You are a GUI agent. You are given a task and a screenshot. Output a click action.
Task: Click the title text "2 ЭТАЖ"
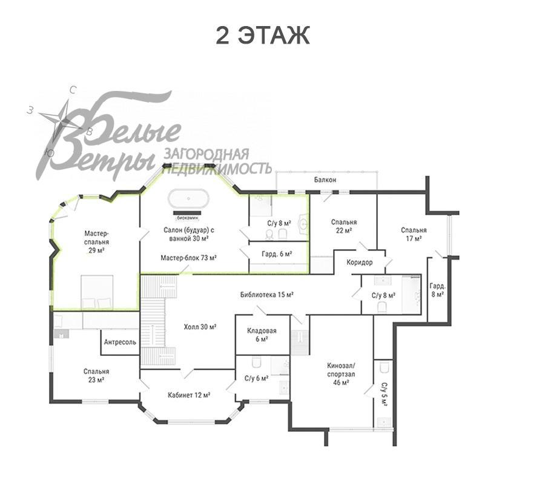coord(262,35)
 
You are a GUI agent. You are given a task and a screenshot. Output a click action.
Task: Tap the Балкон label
coord(325,180)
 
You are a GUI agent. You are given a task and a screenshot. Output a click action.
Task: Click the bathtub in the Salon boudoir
coord(189,199)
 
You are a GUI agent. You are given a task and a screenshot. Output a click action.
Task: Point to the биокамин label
coord(187,218)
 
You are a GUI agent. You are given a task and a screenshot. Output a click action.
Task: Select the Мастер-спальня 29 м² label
coord(97,242)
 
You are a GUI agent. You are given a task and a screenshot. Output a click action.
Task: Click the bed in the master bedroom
coord(97,292)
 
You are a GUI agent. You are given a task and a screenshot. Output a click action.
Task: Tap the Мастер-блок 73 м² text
coord(189,258)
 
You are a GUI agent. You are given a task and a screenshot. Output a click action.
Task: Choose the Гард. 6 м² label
coord(277,254)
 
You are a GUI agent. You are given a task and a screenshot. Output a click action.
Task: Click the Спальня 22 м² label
coord(343,226)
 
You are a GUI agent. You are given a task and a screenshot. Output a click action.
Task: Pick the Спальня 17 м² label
coord(414,234)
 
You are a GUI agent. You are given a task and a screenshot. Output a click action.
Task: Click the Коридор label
coord(359,263)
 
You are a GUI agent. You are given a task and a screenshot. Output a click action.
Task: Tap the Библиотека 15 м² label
coord(267,295)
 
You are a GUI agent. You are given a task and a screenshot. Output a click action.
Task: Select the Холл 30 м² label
coord(200,327)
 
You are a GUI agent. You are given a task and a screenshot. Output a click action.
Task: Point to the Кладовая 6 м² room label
coord(262,335)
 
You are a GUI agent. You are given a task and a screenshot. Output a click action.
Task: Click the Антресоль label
coord(120,342)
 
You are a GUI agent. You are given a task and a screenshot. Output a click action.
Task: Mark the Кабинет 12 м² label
coord(189,395)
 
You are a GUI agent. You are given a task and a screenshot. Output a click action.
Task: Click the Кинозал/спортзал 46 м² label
coord(341,375)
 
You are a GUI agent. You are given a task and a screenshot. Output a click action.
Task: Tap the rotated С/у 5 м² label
coord(384,395)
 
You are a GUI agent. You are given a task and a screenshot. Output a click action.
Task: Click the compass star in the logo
coord(62,120)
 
